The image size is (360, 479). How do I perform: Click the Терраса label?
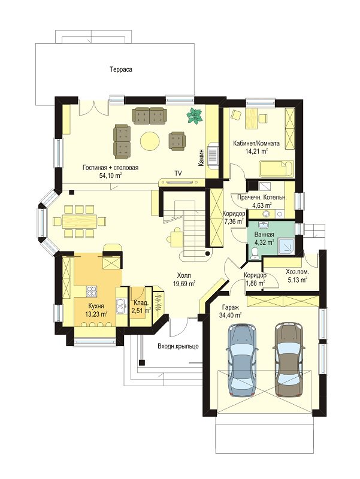121,69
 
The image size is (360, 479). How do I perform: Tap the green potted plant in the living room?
195,116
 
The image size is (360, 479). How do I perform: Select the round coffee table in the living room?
150,141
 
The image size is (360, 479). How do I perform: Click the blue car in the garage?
243,360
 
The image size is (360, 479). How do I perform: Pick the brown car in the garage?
289,360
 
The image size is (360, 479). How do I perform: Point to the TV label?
178,174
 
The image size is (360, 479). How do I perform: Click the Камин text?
201,158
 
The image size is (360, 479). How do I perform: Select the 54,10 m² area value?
111,175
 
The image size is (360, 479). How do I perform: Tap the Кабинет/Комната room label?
256,143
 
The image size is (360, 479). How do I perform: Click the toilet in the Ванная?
253,253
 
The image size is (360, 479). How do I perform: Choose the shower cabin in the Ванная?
286,246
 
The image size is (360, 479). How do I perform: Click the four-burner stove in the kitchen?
91,291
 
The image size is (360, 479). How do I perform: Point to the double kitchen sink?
122,305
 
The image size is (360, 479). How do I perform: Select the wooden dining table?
80,220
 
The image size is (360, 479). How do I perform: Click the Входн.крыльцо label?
178,346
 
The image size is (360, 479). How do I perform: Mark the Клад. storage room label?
141,303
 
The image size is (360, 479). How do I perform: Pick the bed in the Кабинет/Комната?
276,168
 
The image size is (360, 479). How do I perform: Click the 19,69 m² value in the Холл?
184,284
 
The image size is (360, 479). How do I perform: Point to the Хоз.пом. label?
297,271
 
